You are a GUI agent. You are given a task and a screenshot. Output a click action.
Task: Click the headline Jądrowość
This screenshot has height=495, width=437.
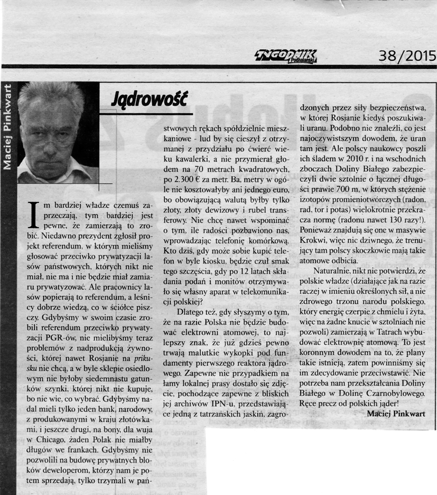point(150,98)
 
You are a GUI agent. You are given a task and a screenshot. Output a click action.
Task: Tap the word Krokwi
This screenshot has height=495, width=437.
point(315,240)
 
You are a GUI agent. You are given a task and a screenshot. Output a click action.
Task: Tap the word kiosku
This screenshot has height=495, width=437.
point(215,262)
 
